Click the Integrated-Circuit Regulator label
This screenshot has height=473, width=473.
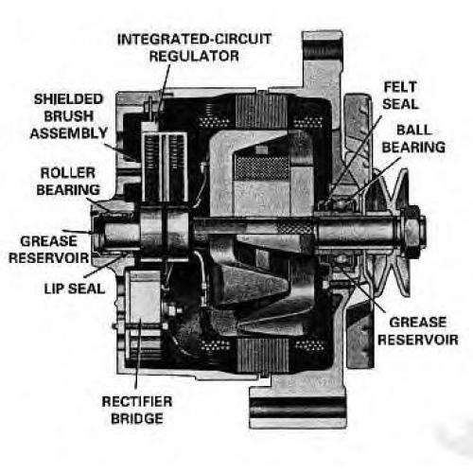[194, 47]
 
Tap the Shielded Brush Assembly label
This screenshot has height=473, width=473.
[69, 116]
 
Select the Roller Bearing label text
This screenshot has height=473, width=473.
[68, 182]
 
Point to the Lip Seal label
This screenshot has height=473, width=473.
[75, 289]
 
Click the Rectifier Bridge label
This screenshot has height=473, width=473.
[137, 410]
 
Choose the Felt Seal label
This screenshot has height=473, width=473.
[400, 96]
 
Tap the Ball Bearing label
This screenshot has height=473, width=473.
[413, 139]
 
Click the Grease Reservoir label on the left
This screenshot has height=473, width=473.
[49, 250]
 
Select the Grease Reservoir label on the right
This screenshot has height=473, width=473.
[418, 331]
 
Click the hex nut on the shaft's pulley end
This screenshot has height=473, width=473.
[413, 226]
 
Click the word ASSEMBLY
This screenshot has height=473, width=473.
[69, 133]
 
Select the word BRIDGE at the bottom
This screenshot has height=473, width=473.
[137, 418]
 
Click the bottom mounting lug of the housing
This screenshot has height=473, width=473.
[298, 407]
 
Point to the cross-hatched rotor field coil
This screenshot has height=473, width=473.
[262, 167]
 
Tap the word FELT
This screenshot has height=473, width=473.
[400, 87]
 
